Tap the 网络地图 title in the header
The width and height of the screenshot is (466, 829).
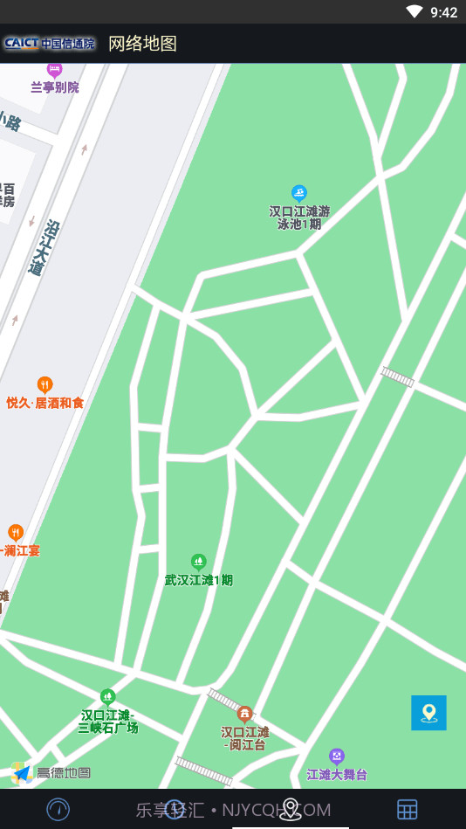pos(142,44)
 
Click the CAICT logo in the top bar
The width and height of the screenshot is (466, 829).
pos(49,43)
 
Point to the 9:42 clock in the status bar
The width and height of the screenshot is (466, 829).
pos(443,12)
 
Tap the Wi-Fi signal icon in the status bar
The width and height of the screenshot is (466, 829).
pos(414,11)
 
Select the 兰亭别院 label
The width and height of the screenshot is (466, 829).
pos(55,87)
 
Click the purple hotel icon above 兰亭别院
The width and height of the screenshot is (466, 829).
pos(55,69)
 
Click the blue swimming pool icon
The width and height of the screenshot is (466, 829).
pos(299,193)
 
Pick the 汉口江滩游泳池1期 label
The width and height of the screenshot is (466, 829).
pos(299,218)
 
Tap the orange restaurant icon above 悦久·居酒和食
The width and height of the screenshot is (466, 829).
pos(45,384)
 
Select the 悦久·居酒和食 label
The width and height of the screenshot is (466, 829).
pos(45,403)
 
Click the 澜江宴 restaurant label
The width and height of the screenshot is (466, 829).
pos(21,550)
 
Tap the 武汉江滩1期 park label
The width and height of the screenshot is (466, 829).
pos(199,579)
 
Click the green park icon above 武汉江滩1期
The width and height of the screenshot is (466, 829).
pos(199,561)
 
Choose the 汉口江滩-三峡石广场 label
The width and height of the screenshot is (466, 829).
pos(108,722)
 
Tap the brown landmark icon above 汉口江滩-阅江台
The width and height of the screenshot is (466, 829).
pos(245,714)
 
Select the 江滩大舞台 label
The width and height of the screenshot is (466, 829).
pos(337,775)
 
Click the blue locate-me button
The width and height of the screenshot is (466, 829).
pos(428,713)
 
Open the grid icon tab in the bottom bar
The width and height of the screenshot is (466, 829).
pos(408,810)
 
